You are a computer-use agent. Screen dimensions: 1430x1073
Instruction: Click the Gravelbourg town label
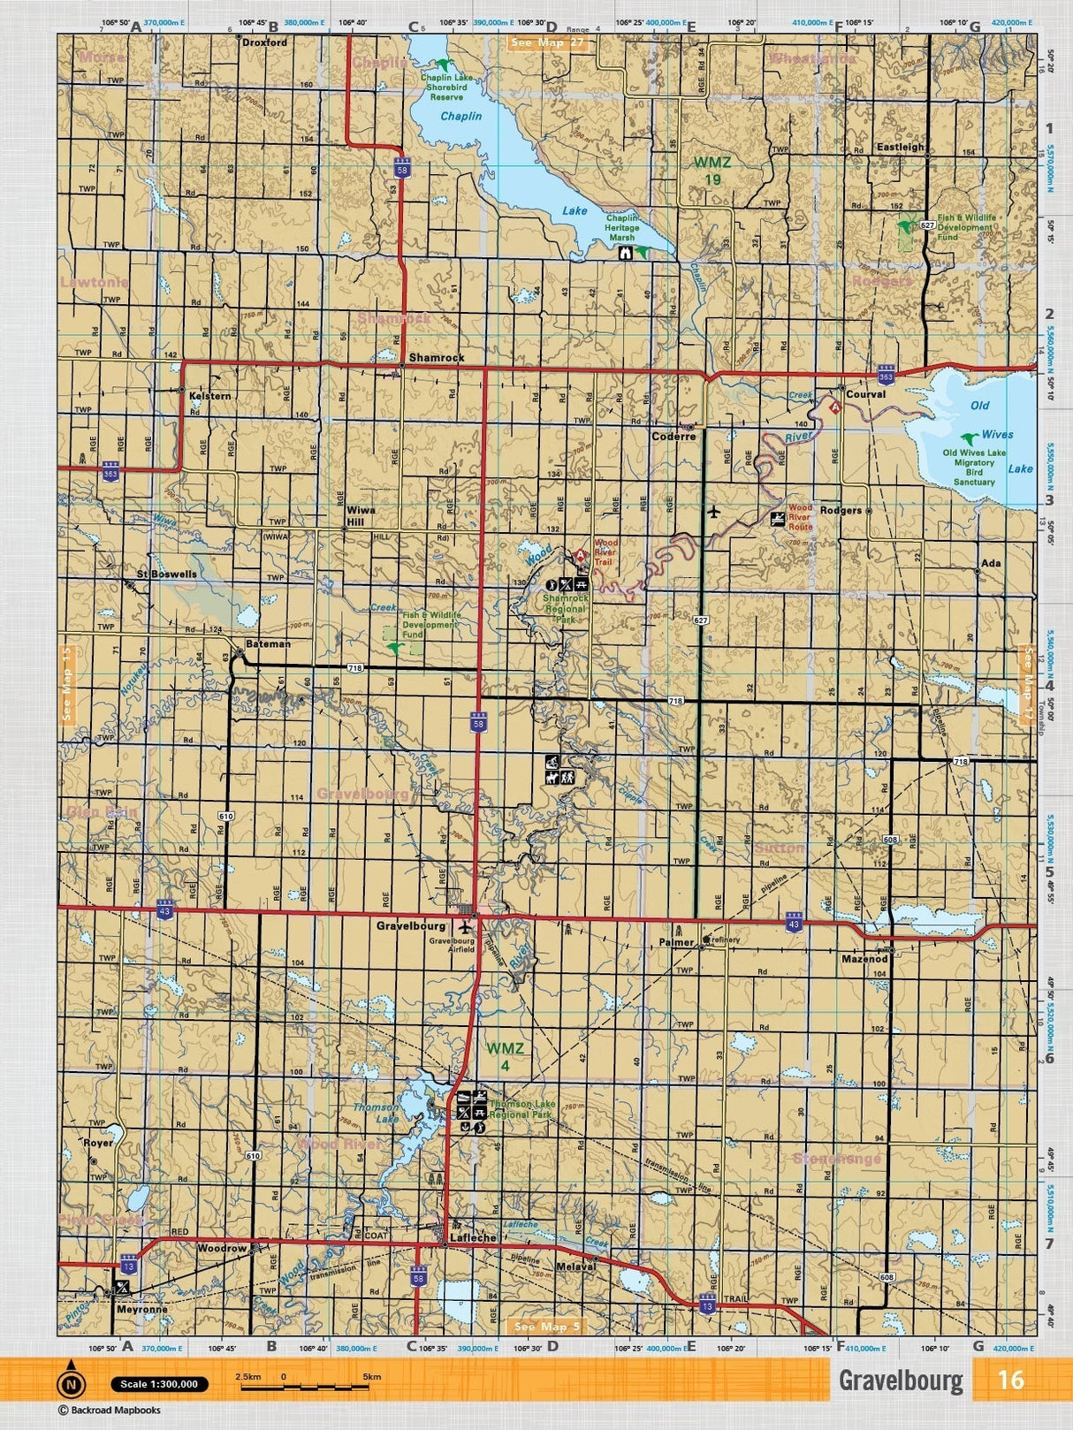[411, 926]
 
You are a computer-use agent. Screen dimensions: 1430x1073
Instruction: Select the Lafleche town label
[473, 1238]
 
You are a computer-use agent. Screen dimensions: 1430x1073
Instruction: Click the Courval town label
[865, 394]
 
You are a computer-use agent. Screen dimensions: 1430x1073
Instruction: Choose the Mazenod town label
[864, 959]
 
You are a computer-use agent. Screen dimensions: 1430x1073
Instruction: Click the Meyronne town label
[141, 1310]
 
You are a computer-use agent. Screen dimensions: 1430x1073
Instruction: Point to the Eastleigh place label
[900, 148]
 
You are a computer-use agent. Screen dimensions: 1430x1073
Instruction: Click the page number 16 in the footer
[1009, 1380]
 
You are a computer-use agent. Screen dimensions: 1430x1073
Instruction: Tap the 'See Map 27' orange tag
[549, 42]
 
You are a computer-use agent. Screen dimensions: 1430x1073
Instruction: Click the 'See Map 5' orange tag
[547, 1327]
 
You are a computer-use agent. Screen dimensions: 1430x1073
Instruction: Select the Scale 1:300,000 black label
[160, 1384]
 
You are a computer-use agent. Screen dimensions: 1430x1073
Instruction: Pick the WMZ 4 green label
[506, 1056]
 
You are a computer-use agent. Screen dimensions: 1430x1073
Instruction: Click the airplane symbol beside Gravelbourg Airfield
[467, 927]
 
